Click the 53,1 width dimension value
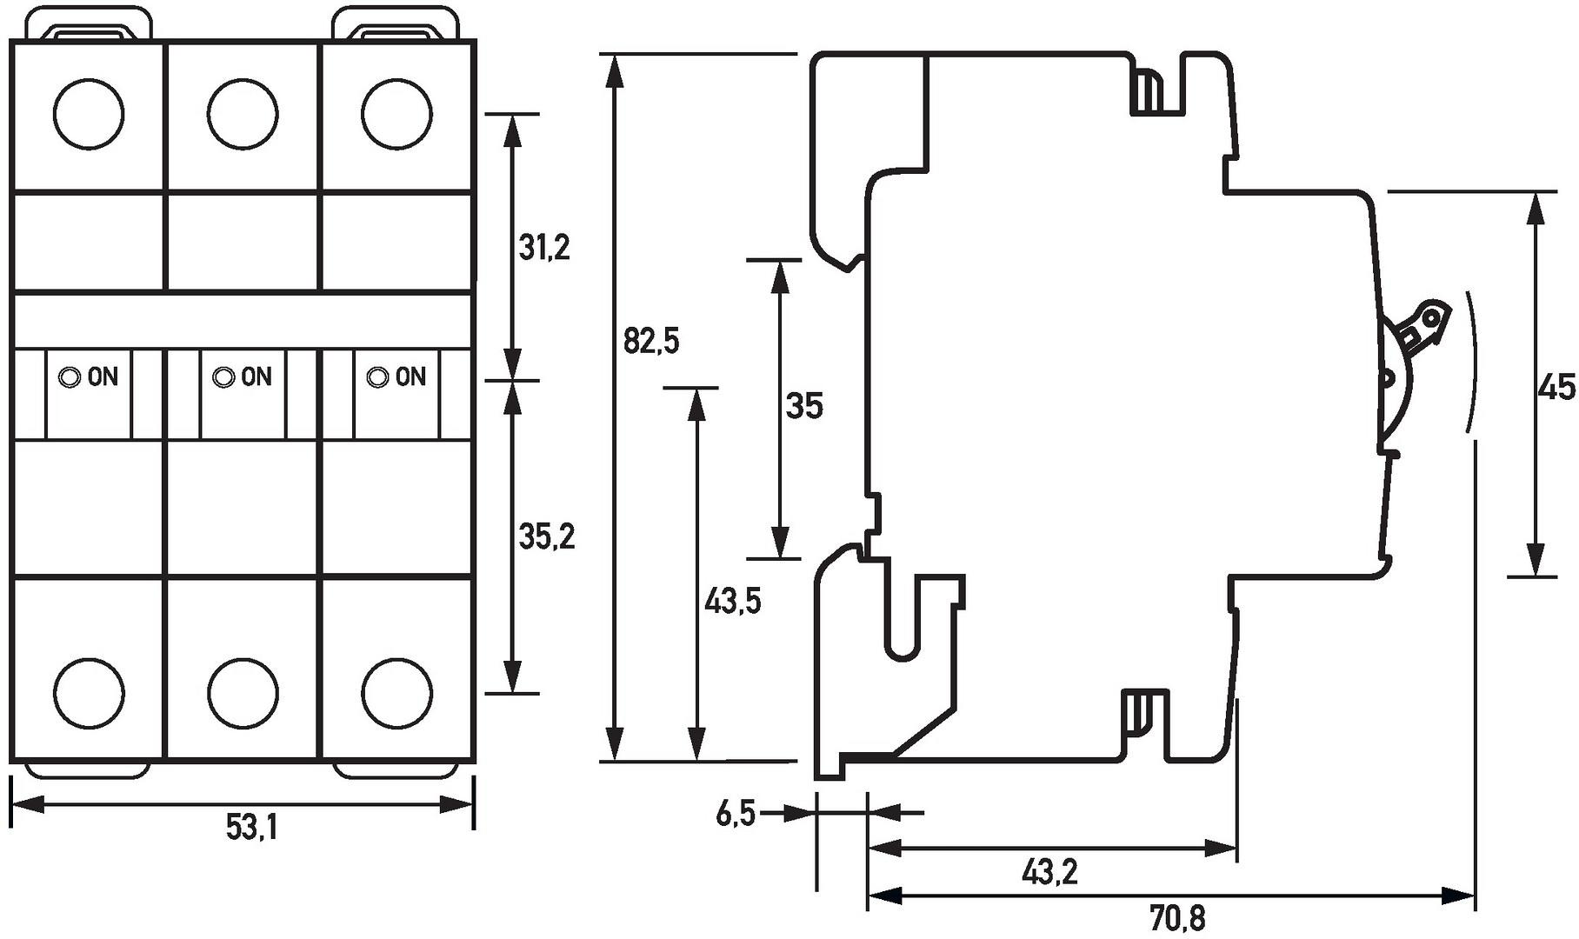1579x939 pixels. tap(251, 827)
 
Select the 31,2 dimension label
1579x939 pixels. tap(544, 248)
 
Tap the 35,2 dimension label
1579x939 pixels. tap(547, 536)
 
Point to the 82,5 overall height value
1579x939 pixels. tap(651, 341)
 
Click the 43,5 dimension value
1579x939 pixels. tap(732, 601)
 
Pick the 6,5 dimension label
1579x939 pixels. tap(736, 815)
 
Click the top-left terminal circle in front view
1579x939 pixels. tap(88, 114)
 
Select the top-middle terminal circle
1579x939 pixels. tap(243, 114)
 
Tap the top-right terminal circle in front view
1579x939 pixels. tap(396, 114)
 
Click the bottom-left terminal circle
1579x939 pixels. tap(88, 693)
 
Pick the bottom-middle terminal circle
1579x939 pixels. tap(243, 693)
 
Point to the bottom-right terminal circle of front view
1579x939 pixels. tap(396, 693)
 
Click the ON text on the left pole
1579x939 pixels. tap(103, 377)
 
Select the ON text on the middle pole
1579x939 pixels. tap(257, 377)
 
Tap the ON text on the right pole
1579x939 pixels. tap(410, 377)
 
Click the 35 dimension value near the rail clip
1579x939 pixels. tap(803, 406)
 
